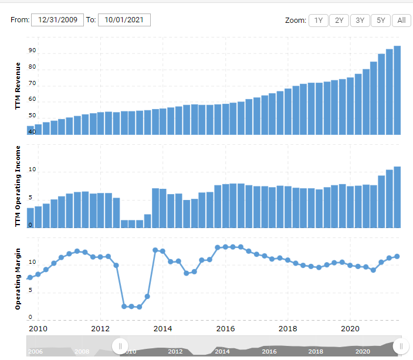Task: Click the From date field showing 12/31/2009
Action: point(57,20)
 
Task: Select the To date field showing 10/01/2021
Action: point(124,20)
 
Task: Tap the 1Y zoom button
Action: point(318,21)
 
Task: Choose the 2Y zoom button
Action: point(339,21)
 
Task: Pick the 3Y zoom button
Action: point(360,21)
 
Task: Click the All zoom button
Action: point(401,21)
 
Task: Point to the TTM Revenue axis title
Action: point(18,86)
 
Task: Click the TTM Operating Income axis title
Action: point(18,186)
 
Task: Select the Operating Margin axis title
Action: point(18,279)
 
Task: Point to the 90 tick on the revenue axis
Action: point(32,51)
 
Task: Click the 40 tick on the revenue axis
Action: point(32,132)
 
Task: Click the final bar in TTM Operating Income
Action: point(397,197)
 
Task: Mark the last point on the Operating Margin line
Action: point(397,256)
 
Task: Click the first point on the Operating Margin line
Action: point(30,277)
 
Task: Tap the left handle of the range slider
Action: point(120,346)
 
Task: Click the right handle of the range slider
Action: point(401,346)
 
